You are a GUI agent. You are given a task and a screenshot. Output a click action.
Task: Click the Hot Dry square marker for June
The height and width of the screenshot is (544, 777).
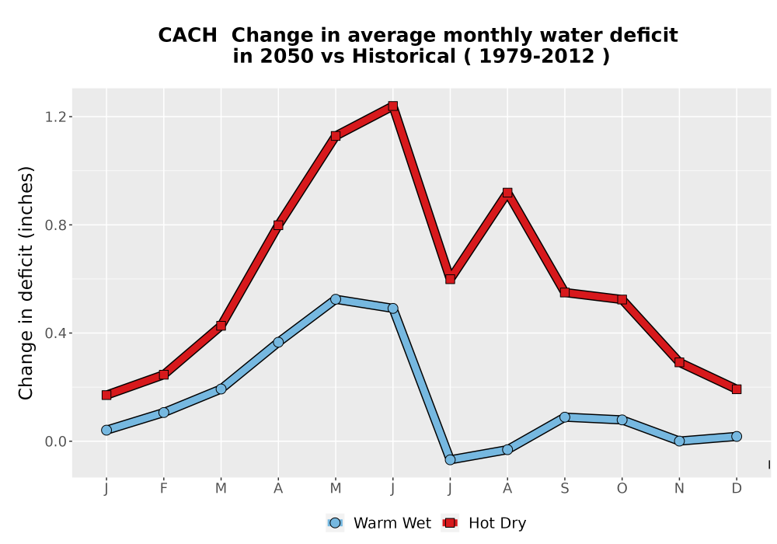(x=393, y=106)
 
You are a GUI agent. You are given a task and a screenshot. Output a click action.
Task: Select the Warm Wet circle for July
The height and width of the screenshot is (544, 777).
(x=450, y=460)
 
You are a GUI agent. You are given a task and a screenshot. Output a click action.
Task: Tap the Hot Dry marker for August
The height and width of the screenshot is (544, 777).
(x=507, y=193)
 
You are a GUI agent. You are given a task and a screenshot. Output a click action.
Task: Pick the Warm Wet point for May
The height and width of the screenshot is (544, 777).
(x=336, y=299)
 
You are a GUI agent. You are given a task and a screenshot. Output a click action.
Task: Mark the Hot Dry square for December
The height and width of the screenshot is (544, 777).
(x=737, y=389)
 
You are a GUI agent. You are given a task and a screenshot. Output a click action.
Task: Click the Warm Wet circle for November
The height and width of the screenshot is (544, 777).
(x=679, y=441)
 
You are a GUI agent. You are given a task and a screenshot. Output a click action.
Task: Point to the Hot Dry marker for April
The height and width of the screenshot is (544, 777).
(x=278, y=225)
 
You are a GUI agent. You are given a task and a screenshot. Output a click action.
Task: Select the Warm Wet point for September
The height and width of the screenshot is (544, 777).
(x=565, y=417)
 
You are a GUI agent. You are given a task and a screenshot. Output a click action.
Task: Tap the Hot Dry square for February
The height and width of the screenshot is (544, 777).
(x=163, y=375)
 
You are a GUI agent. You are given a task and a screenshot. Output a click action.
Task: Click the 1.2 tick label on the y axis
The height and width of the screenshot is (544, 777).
(x=54, y=117)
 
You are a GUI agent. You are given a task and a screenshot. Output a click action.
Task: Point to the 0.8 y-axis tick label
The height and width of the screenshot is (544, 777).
(x=54, y=225)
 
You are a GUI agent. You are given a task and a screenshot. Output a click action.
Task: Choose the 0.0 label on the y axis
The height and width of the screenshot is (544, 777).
(x=54, y=441)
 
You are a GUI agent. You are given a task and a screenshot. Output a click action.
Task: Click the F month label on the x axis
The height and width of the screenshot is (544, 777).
(x=163, y=489)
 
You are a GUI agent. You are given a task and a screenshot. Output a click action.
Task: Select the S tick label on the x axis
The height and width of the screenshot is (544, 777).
(x=565, y=489)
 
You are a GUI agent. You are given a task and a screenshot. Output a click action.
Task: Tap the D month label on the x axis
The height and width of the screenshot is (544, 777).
(x=737, y=489)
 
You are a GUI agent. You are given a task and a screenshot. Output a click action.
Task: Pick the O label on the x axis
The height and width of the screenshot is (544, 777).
(x=622, y=489)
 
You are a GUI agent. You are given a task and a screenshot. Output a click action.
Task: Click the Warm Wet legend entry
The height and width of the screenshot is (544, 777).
(x=379, y=523)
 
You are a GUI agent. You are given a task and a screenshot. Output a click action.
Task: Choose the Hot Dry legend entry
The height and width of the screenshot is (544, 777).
(x=484, y=523)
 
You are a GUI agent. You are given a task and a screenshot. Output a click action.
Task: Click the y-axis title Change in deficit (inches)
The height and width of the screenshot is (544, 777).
(x=26, y=283)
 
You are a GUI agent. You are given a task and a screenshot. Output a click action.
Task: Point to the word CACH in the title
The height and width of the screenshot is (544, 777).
(x=187, y=36)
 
